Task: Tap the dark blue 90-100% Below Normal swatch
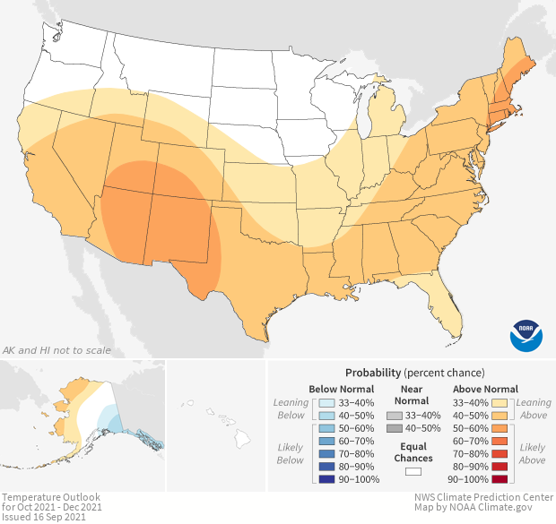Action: click(326, 480)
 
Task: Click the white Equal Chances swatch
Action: click(413, 470)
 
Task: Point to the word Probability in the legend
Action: click(373, 372)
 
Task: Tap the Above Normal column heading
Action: click(484, 389)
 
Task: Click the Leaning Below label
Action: click(291, 408)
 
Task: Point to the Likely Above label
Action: click(532, 453)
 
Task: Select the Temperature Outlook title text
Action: click(50, 497)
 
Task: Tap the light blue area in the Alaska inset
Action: click(107, 417)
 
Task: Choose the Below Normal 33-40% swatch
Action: click(326, 402)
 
